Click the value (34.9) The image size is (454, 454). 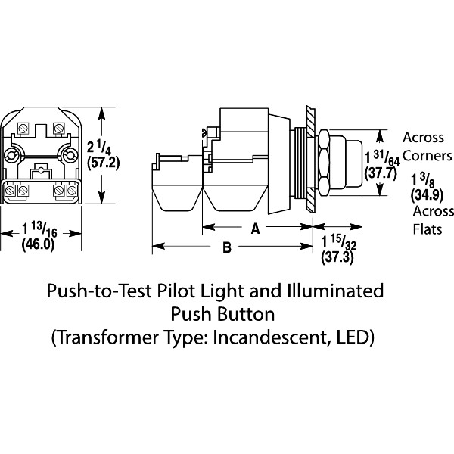pyautogui.click(x=423, y=194)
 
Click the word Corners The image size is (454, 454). pyautogui.click(x=428, y=155)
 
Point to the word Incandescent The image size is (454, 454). pyautogui.click(x=277, y=335)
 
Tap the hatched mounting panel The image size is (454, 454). pyautogui.click(x=310, y=159)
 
